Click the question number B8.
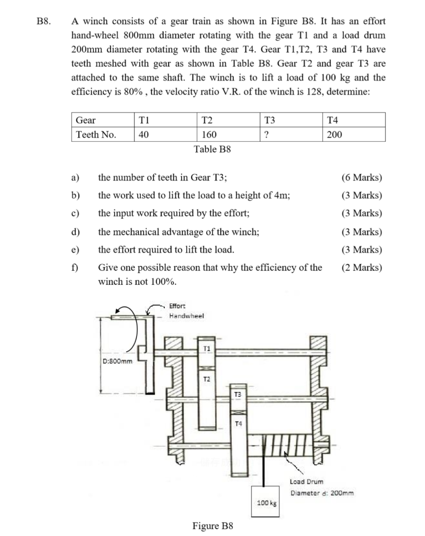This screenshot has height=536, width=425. (x=43, y=22)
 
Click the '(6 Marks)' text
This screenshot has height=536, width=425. (x=361, y=177)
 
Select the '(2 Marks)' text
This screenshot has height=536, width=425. (x=361, y=268)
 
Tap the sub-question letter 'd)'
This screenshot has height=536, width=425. (x=75, y=232)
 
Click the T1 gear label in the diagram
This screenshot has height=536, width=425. (x=207, y=348)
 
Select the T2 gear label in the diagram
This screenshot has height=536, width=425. (x=207, y=378)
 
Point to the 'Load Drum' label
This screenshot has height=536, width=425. (x=307, y=482)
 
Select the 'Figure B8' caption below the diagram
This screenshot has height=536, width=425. (x=213, y=525)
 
